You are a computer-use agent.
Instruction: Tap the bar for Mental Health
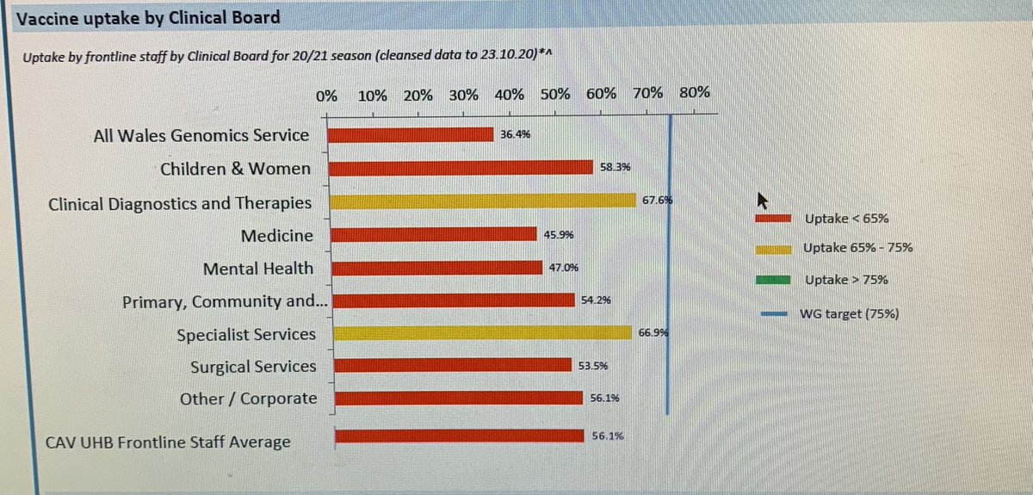pyautogui.click(x=437, y=269)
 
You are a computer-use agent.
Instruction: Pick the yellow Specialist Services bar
pyautogui.click(x=482, y=333)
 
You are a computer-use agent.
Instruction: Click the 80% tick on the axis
pyautogui.click(x=694, y=94)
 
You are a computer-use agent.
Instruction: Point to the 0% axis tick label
pyautogui.click(x=326, y=94)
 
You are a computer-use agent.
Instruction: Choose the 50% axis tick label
pyautogui.click(x=556, y=94)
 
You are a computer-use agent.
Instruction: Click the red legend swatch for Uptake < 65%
pyautogui.click(x=772, y=218)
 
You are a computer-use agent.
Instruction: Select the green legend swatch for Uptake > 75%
pyautogui.click(x=772, y=280)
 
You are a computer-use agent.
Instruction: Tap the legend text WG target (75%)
pyautogui.click(x=850, y=314)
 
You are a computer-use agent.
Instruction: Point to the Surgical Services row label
pyautogui.click(x=253, y=367)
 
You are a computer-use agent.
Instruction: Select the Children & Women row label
pyautogui.click(x=235, y=169)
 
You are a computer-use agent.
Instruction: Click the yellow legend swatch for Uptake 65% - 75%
pyautogui.click(x=772, y=249)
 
